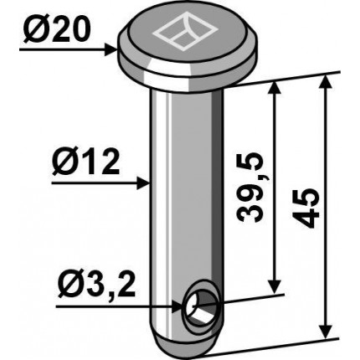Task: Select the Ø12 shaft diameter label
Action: tap(86, 162)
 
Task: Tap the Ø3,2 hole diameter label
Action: tap(96, 286)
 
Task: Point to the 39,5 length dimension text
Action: tap(250, 188)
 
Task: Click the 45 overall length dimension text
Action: tap(306, 208)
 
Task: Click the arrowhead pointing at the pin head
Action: tap(111, 50)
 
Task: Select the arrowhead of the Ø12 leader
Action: tap(143, 183)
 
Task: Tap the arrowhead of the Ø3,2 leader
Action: tap(178, 307)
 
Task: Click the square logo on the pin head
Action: tap(184, 35)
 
